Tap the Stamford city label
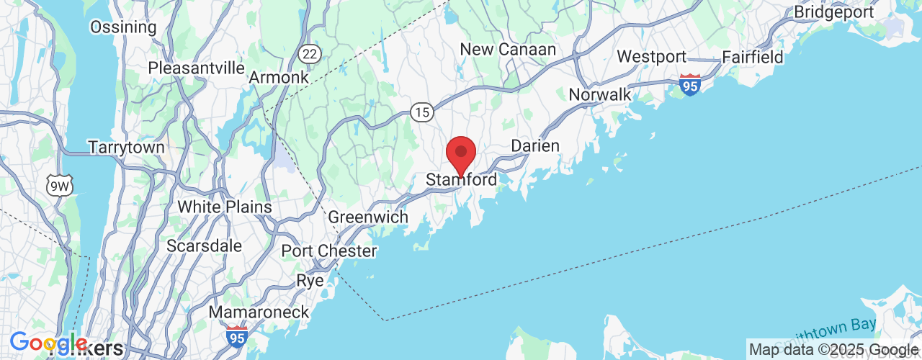tap(461, 180)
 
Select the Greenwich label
tap(368, 217)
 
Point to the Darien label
tap(535, 146)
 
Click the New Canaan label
tap(508, 50)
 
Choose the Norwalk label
tap(599, 94)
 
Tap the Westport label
tap(651, 57)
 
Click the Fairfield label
tap(753, 57)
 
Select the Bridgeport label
tap(833, 12)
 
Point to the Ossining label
tap(123, 27)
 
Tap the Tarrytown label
tap(126, 148)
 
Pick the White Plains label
tap(225, 207)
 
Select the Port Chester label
tap(329, 251)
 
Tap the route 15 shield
tap(421, 112)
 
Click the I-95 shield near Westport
tap(690, 85)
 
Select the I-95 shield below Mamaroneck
tap(236, 336)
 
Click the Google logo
tap(48, 343)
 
